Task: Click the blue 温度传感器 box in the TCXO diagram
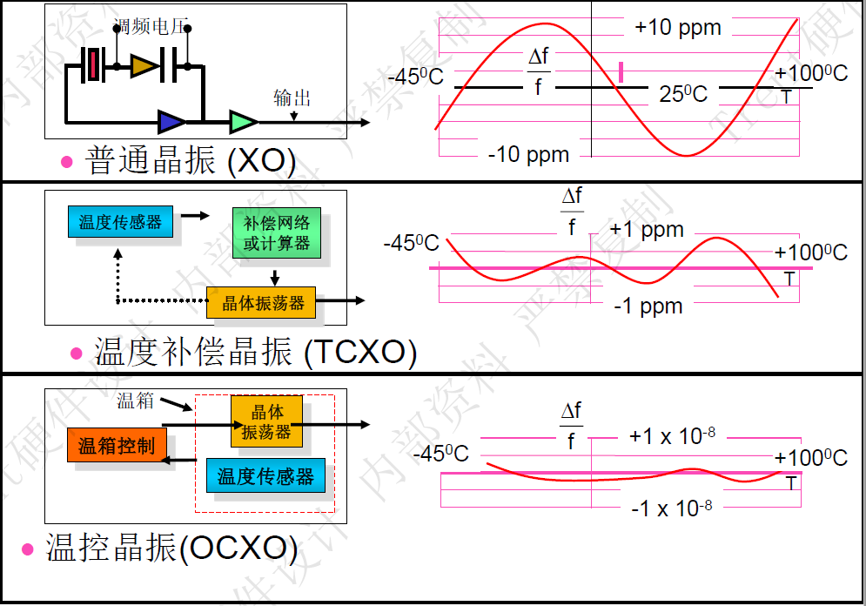(120, 222)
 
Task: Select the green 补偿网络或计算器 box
(277, 232)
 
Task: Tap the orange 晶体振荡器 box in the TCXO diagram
(262, 302)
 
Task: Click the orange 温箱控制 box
(116, 446)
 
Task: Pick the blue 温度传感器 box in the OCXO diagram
(265, 476)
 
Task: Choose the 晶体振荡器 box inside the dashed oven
(265, 421)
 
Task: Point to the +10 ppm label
(678, 27)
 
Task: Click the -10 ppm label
(528, 155)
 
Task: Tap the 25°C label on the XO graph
(683, 94)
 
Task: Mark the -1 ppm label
(648, 306)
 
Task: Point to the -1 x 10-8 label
(671, 508)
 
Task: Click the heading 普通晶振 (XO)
(191, 160)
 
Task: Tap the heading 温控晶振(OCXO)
(171, 549)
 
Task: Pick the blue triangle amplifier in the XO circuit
(171, 122)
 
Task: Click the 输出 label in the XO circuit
(292, 98)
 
